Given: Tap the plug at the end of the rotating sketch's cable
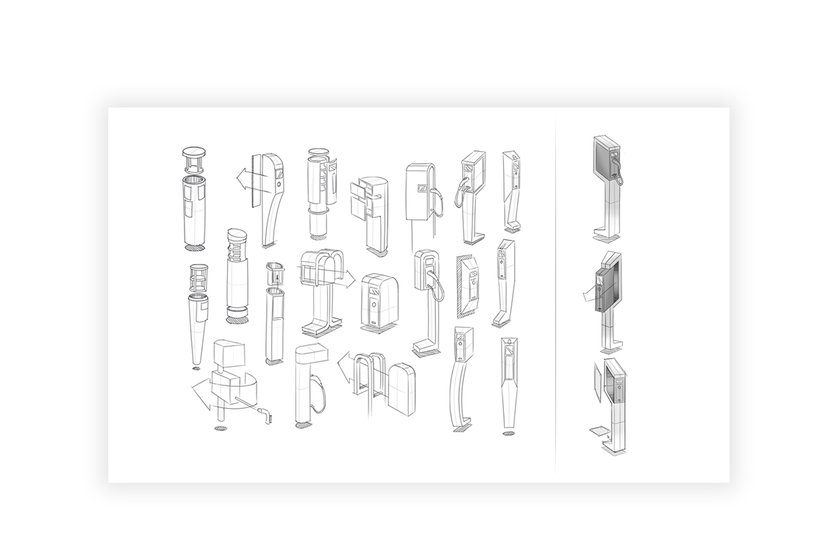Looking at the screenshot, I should coord(266,412).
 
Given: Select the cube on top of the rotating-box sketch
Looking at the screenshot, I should coord(229,354).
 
